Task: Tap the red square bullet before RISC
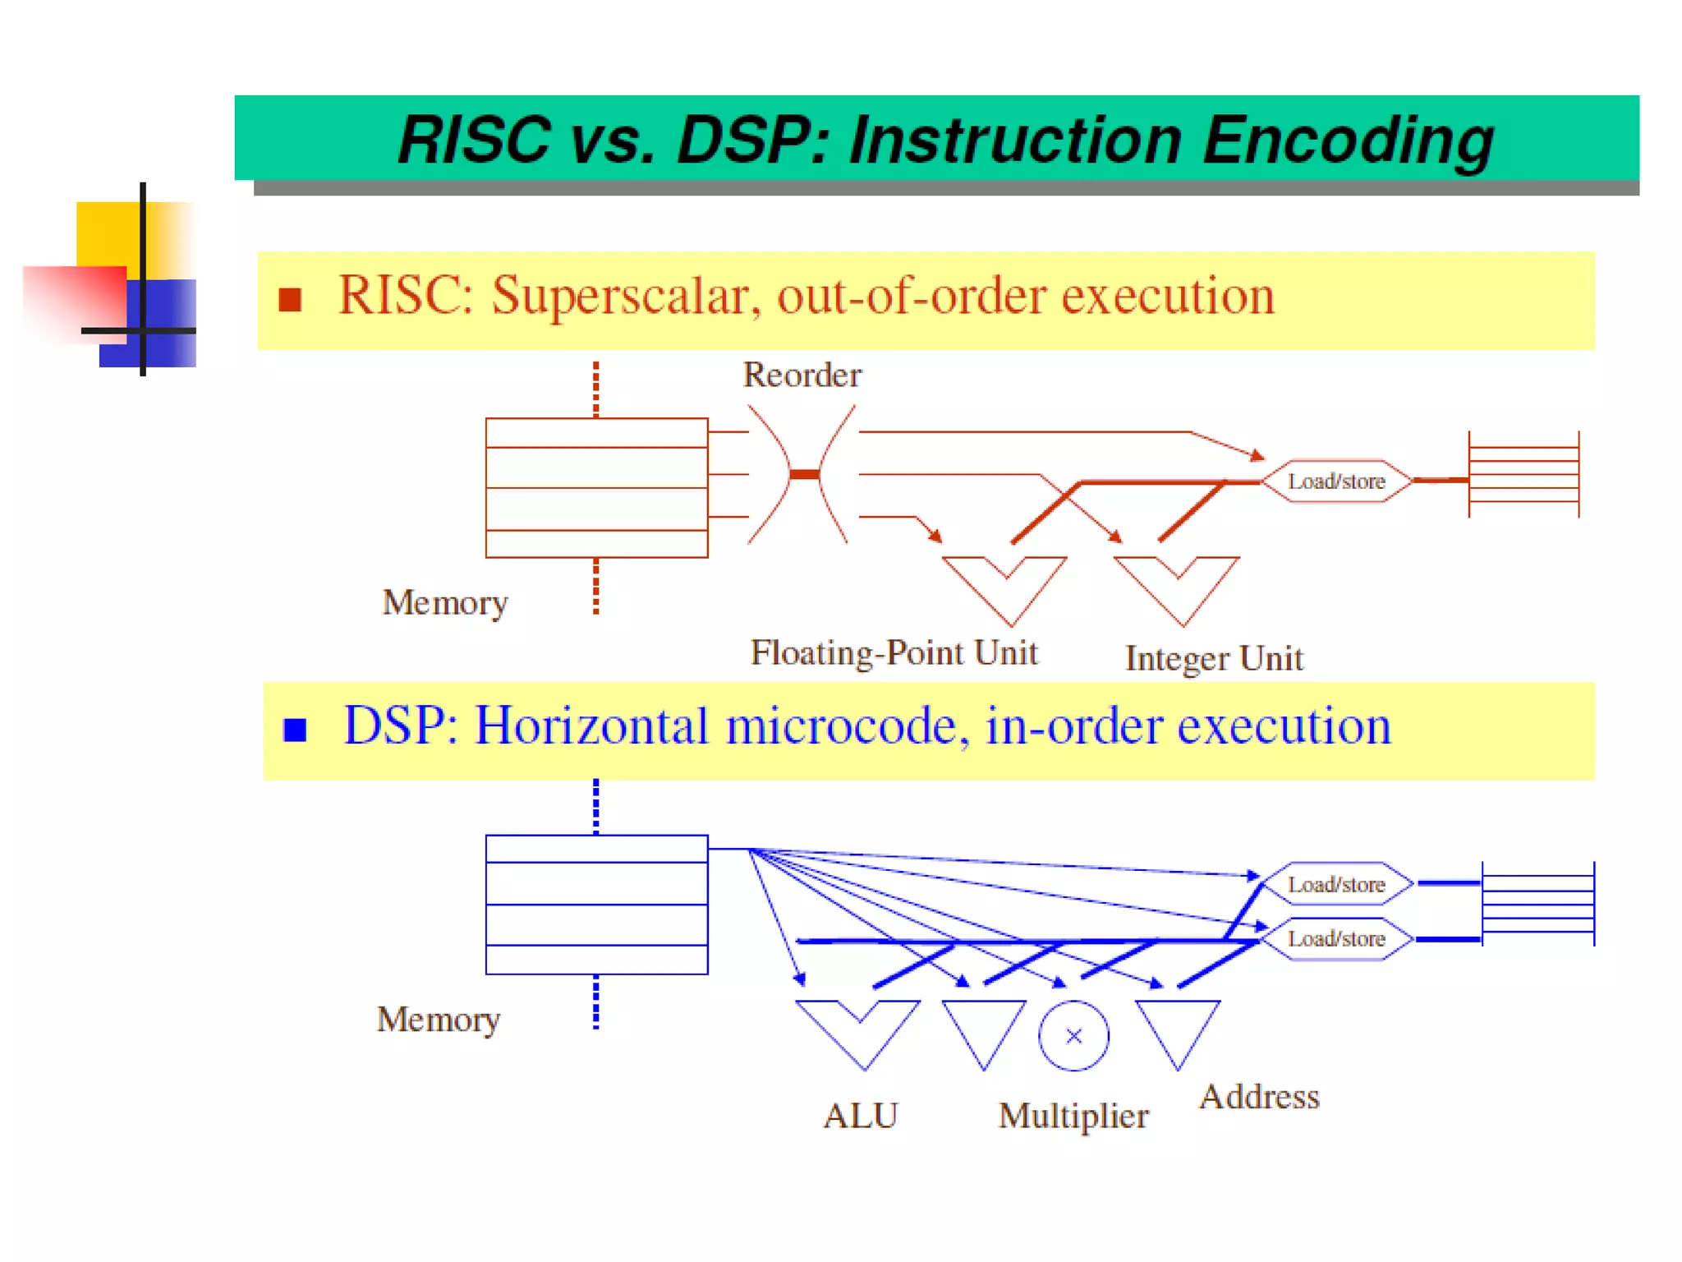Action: pyautogui.click(x=290, y=300)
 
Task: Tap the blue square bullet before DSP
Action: pyautogui.click(x=295, y=730)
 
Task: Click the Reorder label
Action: pyautogui.click(x=802, y=375)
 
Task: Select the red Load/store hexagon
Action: pyautogui.click(x=1336, y=481)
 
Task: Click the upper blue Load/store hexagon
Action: pyautogui.click(x=1336, y=884)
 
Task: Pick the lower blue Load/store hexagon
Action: pyautogui.click(x=1336, y=938)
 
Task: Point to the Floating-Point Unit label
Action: pyautogui.click(x=894, y=653)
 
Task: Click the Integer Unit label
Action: pyautogui.click(x=1213, y=659)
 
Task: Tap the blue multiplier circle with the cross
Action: pyautogui.click(x=1073, y=1036)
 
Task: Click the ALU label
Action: pyautogui.click(x=860, y=1116)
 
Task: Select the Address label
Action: pyautogui.click(x=1259, y=1097)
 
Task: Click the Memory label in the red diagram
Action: pyautogui.click(x=444, y=603)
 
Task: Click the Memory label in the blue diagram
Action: pyautogui.click(x=438, y=1020)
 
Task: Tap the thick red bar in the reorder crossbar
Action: pyautogui.click(x=804, y=474)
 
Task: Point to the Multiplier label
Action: pyautogui.click(x=1073, y=1116)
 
